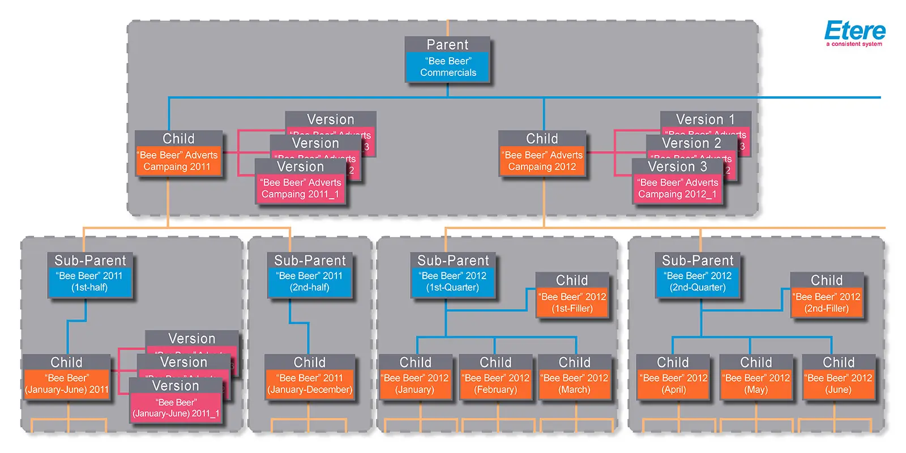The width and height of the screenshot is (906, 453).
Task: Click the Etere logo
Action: pyautogui.click(x=854, y=33)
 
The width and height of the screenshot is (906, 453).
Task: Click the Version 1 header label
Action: pyautogui.click(x=705, y=119)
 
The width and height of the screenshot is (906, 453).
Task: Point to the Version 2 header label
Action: pyautogui.click(x=691, y=143)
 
